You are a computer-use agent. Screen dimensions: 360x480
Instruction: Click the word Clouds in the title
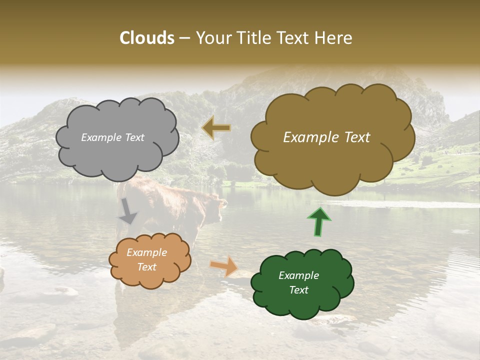tap(147, 38)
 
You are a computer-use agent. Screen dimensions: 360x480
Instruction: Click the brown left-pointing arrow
tap(216, 128)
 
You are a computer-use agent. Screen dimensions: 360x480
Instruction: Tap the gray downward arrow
tap(128, 211)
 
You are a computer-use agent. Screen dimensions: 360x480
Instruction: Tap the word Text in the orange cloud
tap(147, 267)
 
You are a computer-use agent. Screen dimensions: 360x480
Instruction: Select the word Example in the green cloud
tap(298, 275)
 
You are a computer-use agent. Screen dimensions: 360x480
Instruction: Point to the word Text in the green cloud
tap(298, 290)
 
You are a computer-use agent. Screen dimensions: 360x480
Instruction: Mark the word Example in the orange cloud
tap(147, 252)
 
